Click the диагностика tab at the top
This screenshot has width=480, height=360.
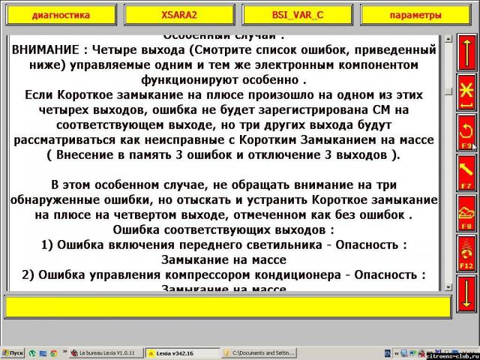61,15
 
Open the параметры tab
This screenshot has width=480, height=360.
415,15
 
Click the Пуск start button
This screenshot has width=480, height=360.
13,352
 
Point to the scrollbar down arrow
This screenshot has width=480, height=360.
448,287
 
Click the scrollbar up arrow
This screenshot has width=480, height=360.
448,38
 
